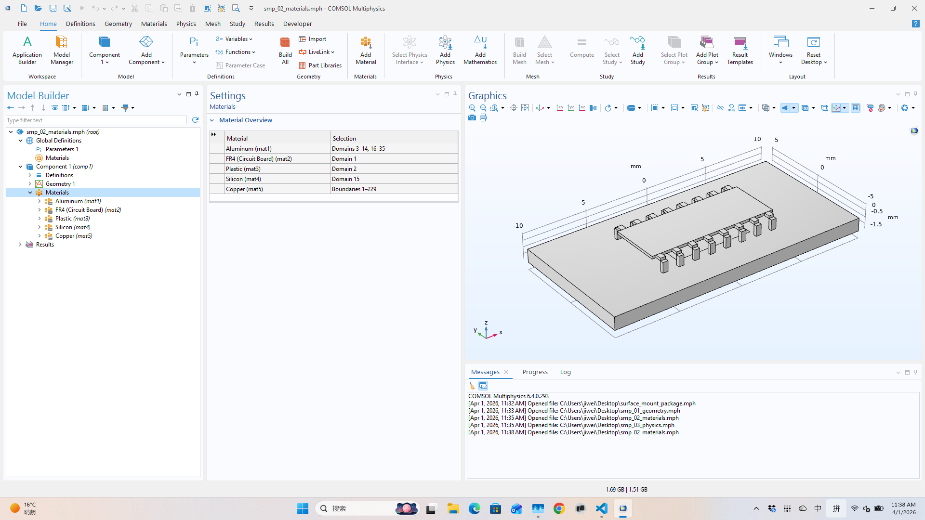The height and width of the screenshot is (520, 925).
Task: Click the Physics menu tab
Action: tap(185, 24)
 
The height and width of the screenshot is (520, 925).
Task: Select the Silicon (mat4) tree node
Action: tap(72, 227)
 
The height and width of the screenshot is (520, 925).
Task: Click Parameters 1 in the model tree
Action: tap(62, 149)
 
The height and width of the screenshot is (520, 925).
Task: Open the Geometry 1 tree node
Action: tap(60, 184)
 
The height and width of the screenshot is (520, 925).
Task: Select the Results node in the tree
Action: tap(45, 245)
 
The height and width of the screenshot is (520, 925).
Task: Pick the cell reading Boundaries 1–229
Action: tap(354, 189)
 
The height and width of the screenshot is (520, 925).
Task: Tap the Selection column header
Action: tap(344, 139)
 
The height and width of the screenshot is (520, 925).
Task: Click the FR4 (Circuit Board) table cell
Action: tap(259, 159)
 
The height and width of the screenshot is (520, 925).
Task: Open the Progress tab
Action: tap(535, 372)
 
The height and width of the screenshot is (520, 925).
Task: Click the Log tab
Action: tap(565, 372)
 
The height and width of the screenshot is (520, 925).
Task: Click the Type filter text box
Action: tap(96, 120)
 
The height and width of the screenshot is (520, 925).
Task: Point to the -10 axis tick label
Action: tap(518, 226)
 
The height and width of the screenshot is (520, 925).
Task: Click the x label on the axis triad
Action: tap(501, 332)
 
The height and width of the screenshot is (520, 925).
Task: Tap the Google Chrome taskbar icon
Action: tap(559, 508)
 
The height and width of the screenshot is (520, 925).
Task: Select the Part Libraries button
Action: tap(320, 65)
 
